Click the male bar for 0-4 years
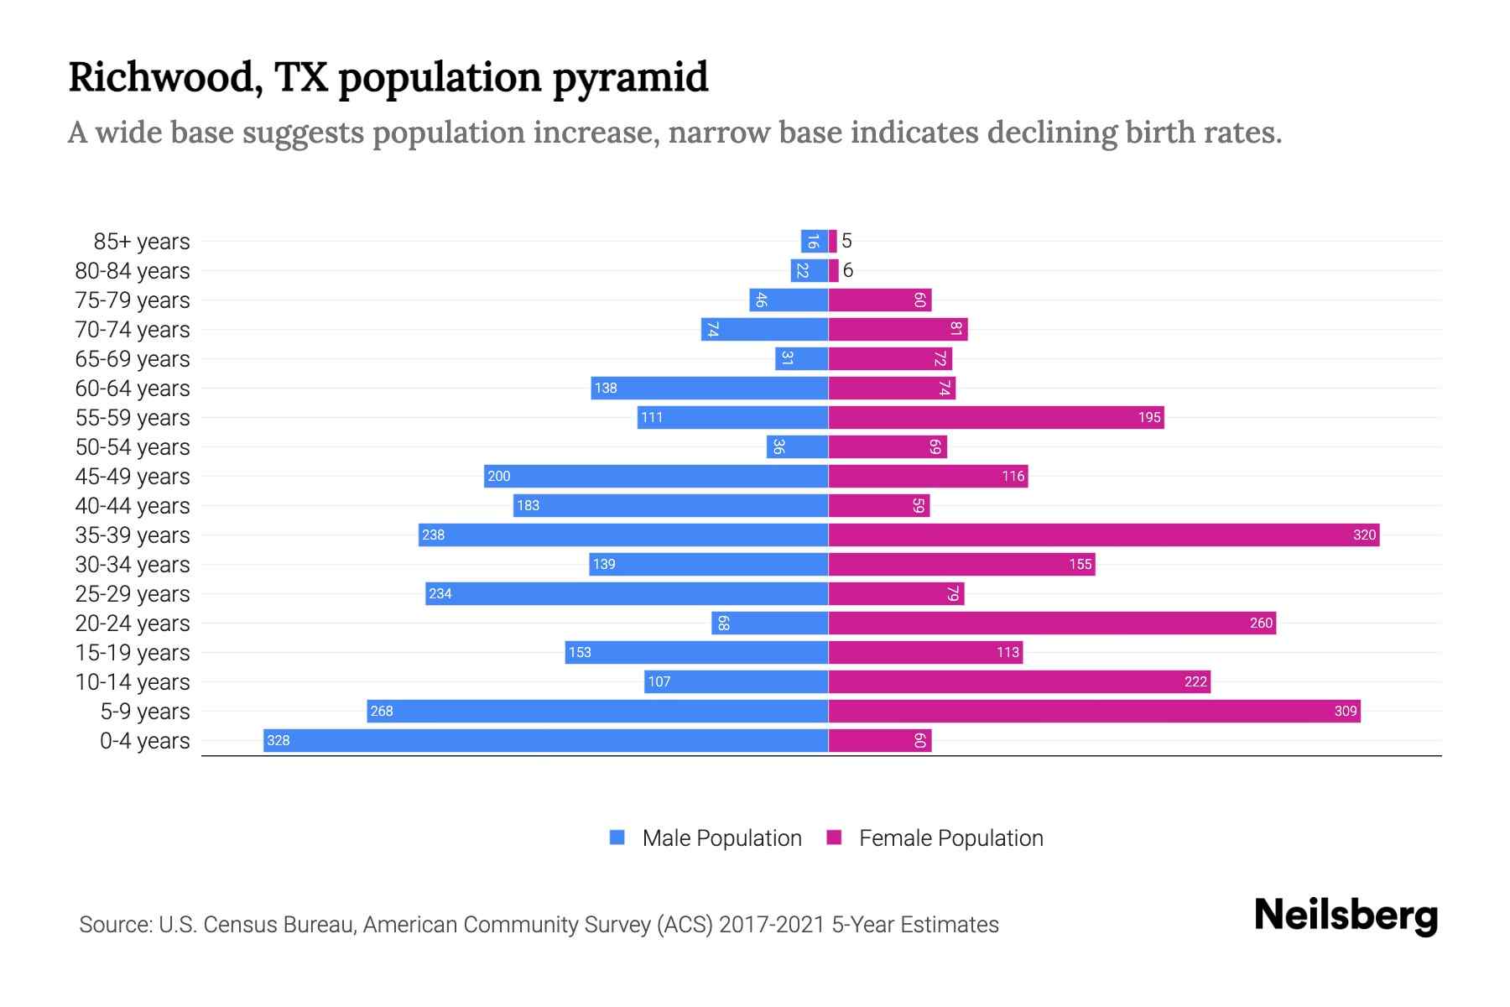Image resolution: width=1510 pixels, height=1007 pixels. [545, 740]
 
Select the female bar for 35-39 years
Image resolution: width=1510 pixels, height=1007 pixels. [1103, 535]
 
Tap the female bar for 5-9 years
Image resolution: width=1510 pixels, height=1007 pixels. [1094, 711]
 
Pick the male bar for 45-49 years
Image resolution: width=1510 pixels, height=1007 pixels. [656, 476]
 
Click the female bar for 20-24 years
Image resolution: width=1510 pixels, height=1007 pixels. [1052, 623]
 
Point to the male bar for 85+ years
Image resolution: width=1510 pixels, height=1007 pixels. [814, 241]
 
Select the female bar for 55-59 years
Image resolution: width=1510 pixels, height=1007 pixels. [996, 417]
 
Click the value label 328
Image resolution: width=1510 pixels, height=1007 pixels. [279, 740]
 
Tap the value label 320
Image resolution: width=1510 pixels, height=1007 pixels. [1364, 535]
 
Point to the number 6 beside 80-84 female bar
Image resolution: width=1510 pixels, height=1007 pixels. [848, 270]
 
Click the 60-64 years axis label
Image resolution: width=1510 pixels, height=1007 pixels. [133, 389]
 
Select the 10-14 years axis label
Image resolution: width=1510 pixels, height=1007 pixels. [133, 682]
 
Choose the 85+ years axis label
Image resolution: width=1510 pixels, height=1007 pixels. [142, 242]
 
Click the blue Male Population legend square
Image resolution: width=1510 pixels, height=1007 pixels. [617, 837]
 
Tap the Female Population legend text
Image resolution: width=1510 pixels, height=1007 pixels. [950, 838]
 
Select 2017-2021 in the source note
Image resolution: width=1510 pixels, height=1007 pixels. [772, 925]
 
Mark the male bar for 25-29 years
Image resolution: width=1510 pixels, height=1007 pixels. [627, 593]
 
